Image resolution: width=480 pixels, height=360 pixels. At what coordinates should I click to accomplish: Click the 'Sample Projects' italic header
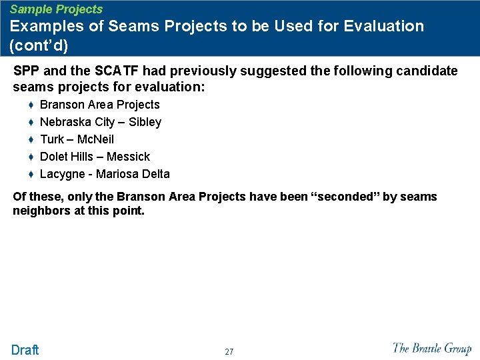click(x=57, y=9)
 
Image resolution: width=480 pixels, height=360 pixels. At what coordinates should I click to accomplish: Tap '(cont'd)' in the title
click(x=39, y=47)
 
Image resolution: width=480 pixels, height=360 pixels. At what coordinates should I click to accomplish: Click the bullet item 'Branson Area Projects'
click(x=100, y=105)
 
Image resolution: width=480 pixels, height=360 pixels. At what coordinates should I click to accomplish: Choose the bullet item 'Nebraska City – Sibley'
click(x=101, y=122)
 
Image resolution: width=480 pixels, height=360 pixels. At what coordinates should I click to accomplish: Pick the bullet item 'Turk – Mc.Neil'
click(x=77, y=139)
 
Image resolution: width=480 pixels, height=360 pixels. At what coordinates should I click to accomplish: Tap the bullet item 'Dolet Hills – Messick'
click(x=95, y=157)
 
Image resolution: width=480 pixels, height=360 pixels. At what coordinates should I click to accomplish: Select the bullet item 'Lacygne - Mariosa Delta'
click(x=105, y=174)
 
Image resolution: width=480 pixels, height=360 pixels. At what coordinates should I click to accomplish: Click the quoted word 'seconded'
click(x=347, y=197)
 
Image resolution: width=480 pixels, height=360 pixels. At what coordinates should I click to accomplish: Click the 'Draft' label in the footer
click(x=25, y=350)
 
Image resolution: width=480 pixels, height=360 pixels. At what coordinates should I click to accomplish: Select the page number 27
click(x=229, y=352)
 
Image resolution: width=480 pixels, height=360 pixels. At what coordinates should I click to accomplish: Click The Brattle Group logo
click(x=431, y=348)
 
